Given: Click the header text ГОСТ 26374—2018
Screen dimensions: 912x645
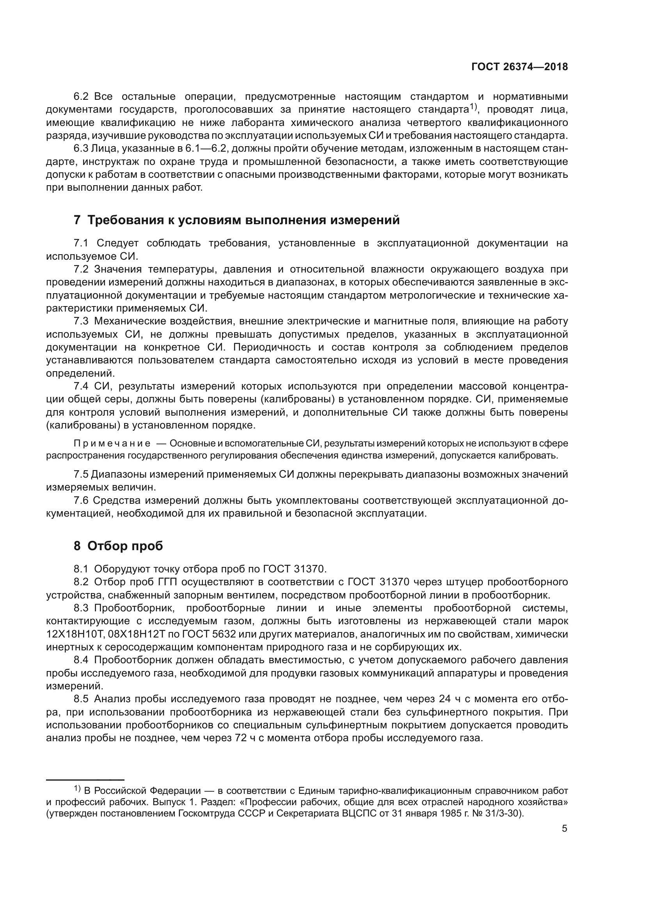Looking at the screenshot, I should coord(519,67).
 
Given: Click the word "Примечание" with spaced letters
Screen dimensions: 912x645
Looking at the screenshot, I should coord(112,443).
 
